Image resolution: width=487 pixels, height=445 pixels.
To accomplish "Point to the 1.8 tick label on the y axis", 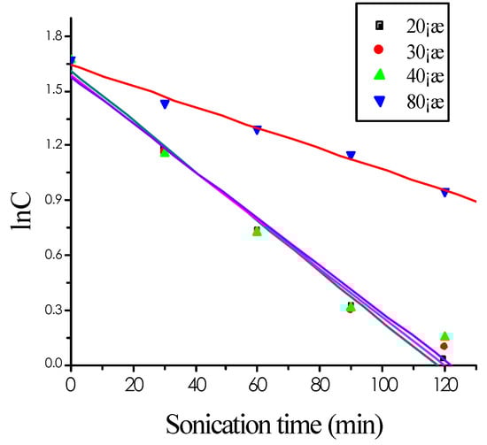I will (x=48, y=36).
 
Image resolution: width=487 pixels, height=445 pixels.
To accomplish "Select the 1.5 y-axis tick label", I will (x=48, y=91).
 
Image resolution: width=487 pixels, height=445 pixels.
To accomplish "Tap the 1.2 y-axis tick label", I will (x=48, y=146).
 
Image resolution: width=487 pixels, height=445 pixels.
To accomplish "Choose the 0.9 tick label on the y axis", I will (x=48, y=201).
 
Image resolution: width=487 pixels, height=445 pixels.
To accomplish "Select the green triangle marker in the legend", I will (x=380, y=76).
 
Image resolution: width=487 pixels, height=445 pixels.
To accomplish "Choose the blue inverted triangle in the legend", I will (x=380, y=103).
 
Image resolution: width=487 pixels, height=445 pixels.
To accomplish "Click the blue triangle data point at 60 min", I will (x=258, y=129).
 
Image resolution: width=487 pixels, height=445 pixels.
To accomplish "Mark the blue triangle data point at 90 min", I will (x=351, y=155).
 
